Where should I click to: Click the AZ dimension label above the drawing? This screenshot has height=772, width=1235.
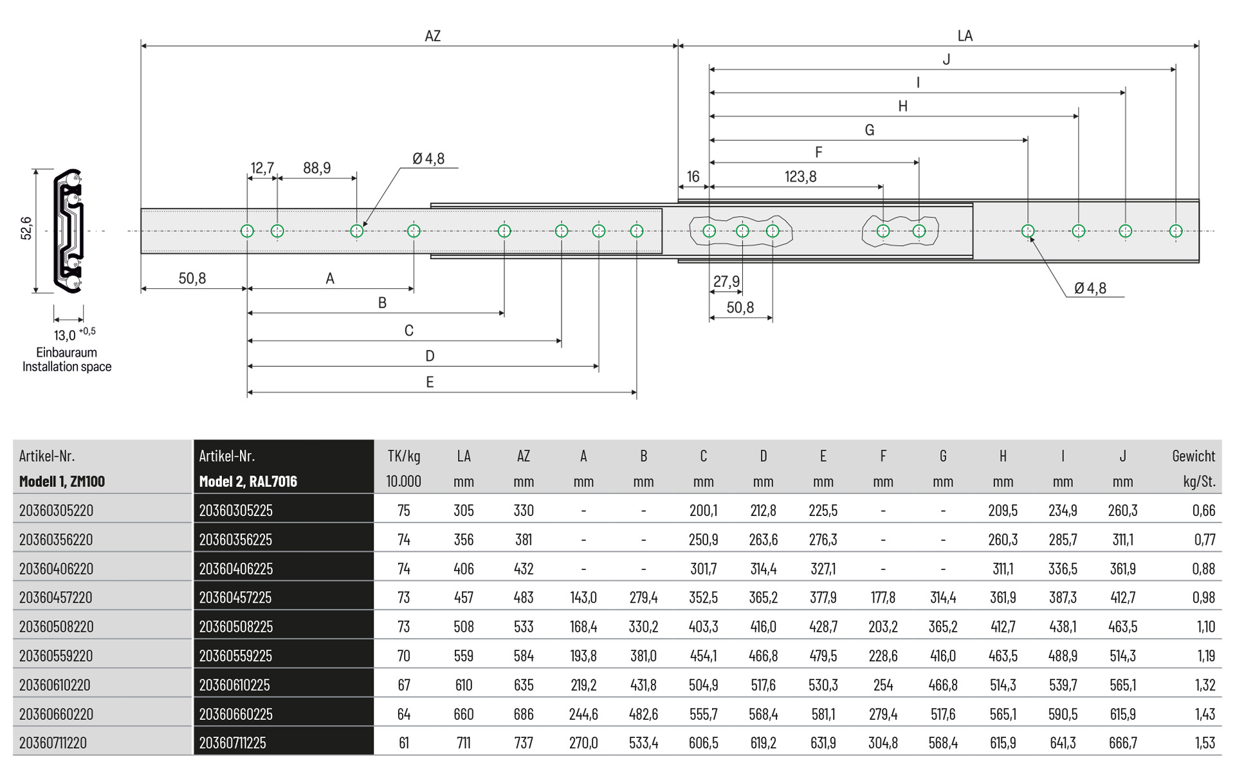pyautogui.click(x=432, y=36)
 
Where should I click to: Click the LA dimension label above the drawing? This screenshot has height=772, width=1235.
pyautogui.click(x=965, y=36)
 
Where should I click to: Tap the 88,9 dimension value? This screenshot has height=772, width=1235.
pyautogui.click(x=317, y=168)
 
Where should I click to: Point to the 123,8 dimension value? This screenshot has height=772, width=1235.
pyautogui.click(x=800, y=176)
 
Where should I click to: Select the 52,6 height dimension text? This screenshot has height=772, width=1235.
pyautogui.click(x=26, y=228)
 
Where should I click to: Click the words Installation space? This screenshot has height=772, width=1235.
pyautogui.click(x=67, y=367)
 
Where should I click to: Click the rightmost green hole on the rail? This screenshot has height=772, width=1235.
pyautogui.click(x=1176, y=231)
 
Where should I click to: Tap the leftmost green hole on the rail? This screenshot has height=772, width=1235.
pyautogui.click(x=247, y=231)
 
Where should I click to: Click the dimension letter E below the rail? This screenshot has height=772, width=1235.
pyautogui.click(x=430, y=382)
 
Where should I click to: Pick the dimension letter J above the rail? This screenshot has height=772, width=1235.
pyautogui.click(x=946, y=60)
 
